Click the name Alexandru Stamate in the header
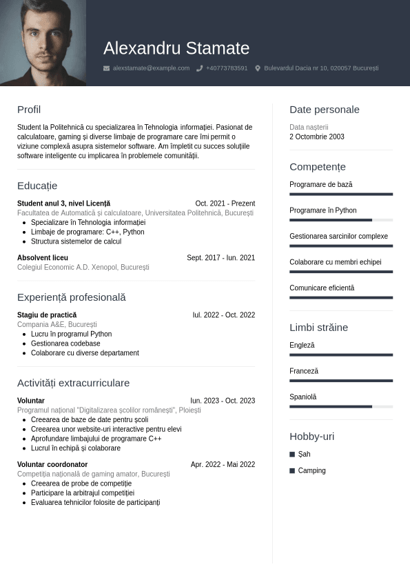[176, 48]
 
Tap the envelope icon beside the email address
[106, 68]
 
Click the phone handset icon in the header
[199, 68]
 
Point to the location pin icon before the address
[258, 68]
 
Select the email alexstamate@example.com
[151, 68]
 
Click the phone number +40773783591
[227, 68]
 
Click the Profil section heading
[29, 110]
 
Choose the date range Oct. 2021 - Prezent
[225, 203]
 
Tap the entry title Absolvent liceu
[43, 258]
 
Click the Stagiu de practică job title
[47, 315]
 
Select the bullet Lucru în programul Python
[71, 334]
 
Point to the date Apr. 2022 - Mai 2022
[223, 465]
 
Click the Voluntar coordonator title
[52, 465]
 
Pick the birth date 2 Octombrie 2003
[317, 137]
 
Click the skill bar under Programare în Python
[341, 220]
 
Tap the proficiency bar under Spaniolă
[341, 406]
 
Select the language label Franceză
[304, 371]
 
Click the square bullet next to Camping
[292, 470]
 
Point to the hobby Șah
[304, 454]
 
